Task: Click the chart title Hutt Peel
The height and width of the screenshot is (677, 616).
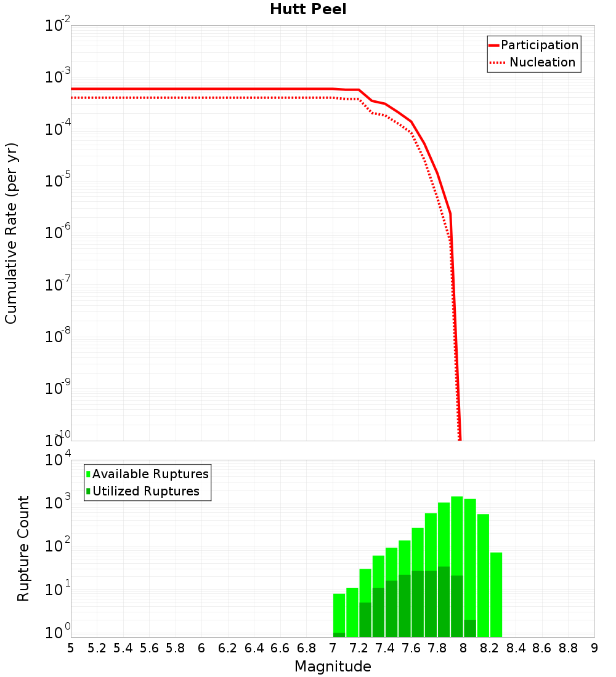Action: click(x=308, y=10)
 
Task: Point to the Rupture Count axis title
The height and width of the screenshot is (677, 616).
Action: click(x=23, y=548)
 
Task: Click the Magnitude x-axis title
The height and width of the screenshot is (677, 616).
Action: click(x=333, y=667)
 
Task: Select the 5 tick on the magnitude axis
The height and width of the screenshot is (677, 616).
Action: click(x=71, y=648)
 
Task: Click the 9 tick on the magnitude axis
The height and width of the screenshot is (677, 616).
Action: click(x=594, y=648)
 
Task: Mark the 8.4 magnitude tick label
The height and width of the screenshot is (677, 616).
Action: click(x=516, y=648)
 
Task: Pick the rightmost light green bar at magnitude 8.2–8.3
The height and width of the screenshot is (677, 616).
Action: click(x=496, y=594)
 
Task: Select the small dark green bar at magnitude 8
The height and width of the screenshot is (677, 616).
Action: click(x=470, y=628)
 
